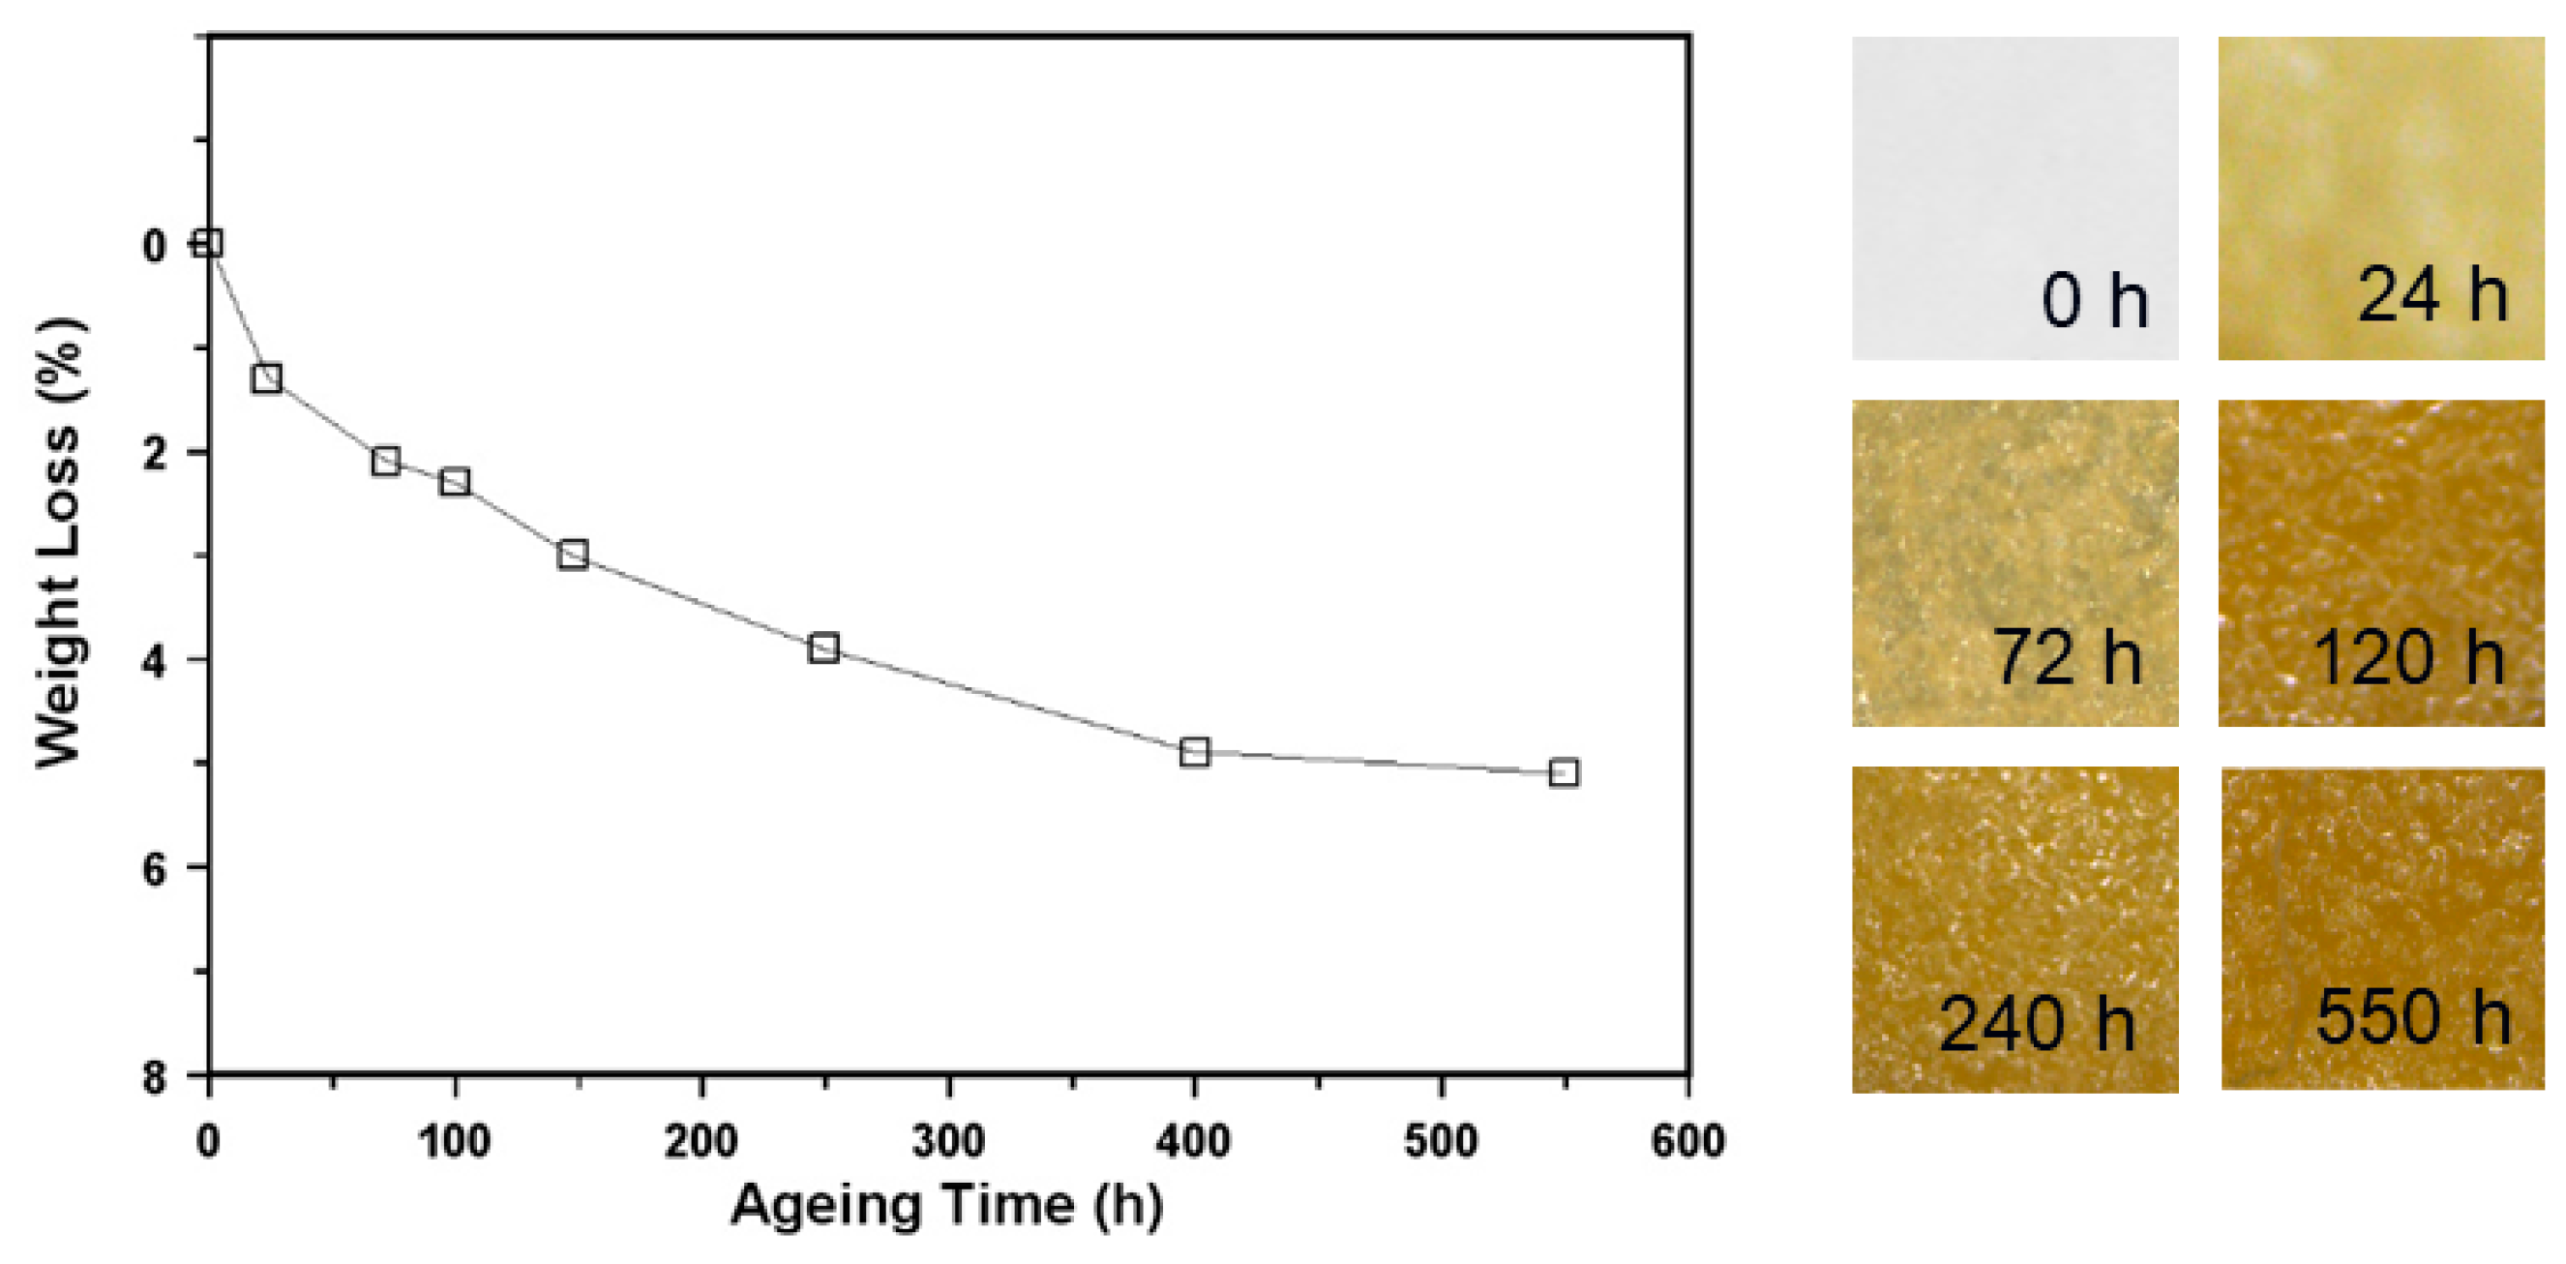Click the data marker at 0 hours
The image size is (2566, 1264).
207,243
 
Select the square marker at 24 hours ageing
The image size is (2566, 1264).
267,378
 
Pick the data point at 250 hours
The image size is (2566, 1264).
823,647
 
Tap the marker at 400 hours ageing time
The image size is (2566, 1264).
1194,752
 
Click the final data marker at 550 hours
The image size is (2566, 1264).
1564,772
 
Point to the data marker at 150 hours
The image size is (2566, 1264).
573,554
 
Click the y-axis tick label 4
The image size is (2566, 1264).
155,660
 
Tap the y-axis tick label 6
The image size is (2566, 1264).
155,868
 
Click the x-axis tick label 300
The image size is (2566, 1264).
948,1140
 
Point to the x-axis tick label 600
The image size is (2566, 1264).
1687,1140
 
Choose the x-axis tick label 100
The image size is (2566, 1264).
454,1140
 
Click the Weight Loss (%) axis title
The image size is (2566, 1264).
60,543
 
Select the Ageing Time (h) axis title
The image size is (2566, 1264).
946,1205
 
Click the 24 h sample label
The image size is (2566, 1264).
2432,295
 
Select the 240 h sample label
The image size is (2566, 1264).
2037,1024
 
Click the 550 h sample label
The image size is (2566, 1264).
2412,1017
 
